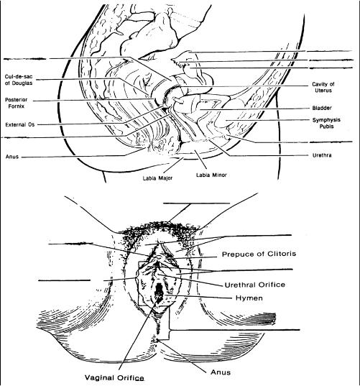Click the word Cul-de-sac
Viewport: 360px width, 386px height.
(19, 77)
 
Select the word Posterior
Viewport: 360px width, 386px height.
(17, 100)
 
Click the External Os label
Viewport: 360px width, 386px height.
(20, 124)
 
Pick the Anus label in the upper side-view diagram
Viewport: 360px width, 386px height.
(12, 157)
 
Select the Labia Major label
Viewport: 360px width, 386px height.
(157, 178)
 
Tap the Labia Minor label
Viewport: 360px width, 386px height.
(211, 175)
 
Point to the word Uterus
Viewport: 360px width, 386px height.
(323, 91)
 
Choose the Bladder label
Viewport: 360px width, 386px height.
(322, 108)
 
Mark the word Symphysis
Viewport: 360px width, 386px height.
(326, 120)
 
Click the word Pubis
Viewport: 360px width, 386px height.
(326, 127)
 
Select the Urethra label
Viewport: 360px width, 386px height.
(322, 155)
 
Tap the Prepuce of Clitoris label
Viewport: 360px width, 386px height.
(259, 254)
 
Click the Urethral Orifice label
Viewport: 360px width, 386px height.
(255, 285)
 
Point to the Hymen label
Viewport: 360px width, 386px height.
(249, 298)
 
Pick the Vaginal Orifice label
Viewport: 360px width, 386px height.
(114, 377)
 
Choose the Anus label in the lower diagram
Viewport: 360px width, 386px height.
(221, 372)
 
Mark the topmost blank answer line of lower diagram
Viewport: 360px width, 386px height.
(196, 203)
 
